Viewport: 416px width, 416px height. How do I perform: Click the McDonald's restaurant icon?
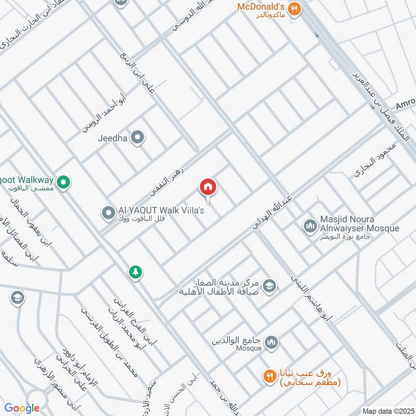[x=295, y=9]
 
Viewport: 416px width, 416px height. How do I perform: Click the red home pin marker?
[x=208, y=187]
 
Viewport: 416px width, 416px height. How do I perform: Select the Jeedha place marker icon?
[x=137, y=138]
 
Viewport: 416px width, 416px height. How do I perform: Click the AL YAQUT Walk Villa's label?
[x=158, y=210]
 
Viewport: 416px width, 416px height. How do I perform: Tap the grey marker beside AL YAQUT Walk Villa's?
[x=108, y=213]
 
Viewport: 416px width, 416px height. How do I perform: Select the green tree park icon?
[x=136, y=272]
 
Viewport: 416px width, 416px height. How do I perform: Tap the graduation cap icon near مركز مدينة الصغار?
[x=269, y=285]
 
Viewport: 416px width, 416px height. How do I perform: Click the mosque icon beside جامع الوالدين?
[x=271, y=343]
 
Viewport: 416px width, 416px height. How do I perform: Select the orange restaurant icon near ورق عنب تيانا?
[x=269, y=376]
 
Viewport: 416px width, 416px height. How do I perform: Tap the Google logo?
[x=23, y=408]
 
